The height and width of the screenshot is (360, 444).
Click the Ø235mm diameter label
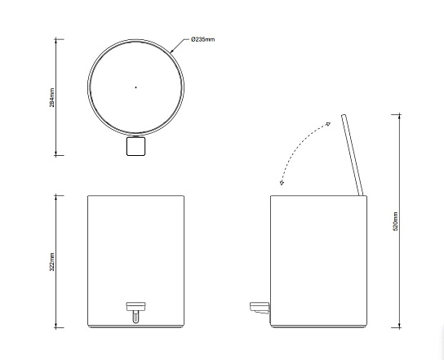click(202, 39)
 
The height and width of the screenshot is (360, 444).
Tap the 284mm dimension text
click(52, 97)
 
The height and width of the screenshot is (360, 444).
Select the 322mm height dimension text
click(52, 262)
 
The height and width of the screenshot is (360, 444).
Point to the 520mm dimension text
click(396, 221)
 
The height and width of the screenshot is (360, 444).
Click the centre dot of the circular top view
click(136, 87)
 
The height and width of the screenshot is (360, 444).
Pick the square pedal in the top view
click(136, 146)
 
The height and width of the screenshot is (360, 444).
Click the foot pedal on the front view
click(136, 306)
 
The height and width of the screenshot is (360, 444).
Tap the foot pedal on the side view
click(260, 308)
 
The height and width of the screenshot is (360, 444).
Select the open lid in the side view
click(353, 155)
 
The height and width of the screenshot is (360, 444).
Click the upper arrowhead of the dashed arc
click(328, 124)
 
